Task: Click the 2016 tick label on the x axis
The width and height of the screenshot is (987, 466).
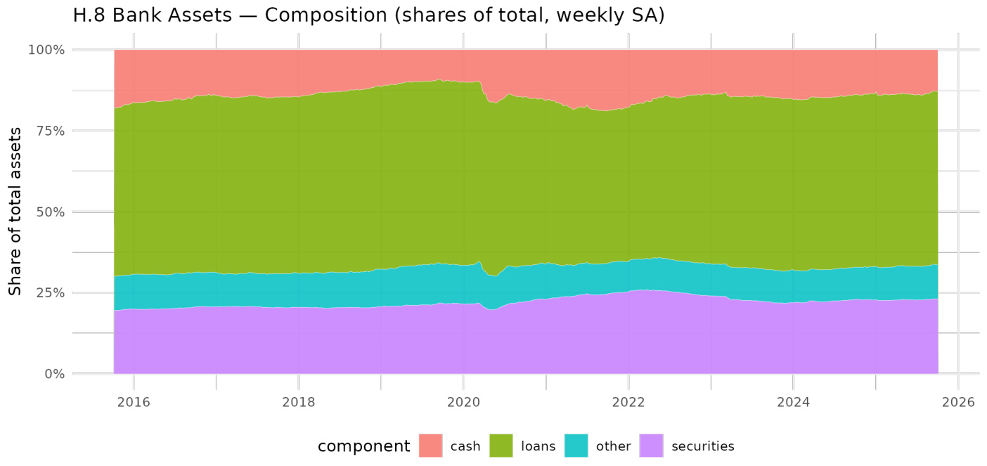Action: (134, 403)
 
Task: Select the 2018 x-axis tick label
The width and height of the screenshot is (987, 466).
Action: (299, 403)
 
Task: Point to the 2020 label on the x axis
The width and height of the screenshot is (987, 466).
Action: (463, 403)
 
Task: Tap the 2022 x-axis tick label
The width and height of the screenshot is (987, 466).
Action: (628, 403)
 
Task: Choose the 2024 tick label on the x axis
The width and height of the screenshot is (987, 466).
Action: (793, 403)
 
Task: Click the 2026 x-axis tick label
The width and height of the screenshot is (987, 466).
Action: (957, 403)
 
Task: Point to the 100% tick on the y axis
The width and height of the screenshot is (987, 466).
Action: (46, 50)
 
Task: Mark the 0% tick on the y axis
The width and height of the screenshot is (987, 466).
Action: (53, 374)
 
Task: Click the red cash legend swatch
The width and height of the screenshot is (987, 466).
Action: (431, 446)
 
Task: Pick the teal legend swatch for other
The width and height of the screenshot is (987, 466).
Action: (576, 446)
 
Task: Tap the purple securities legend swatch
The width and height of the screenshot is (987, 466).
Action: (651, 446)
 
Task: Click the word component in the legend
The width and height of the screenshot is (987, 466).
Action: (363, 446)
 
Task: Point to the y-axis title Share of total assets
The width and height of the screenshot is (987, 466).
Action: (15, 211)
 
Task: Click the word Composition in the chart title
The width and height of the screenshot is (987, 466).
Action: (319, 15)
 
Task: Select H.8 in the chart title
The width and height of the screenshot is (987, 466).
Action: (89, 15)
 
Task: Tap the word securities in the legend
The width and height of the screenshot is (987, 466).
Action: (702, 446)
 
